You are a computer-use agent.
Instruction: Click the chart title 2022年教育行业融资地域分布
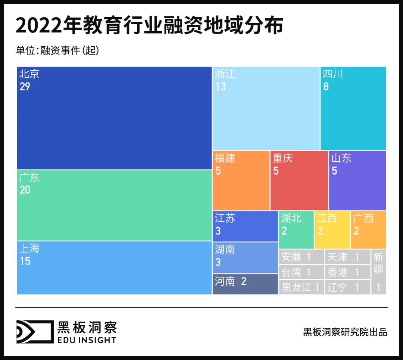click(149, 26)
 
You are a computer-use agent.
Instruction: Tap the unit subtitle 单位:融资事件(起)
click(57, 50)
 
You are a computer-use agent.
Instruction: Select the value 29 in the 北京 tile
click(25, 87)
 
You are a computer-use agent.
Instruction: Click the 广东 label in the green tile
click(29, 177)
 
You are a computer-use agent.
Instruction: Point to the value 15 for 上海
click(25, 261)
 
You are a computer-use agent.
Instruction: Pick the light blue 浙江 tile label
click(225, 74)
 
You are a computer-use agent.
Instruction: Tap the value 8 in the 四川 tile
click(326, 87)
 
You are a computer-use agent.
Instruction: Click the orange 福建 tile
click(241, 180)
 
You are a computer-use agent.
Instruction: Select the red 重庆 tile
click(299, 180)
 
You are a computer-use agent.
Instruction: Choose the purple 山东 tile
click(357, 180)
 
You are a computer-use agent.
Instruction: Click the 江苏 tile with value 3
click(245, 226)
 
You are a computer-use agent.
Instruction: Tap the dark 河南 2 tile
click(245, 284)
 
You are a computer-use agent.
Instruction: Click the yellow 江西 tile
click(332, 230)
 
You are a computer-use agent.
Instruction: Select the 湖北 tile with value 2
click(296, 230)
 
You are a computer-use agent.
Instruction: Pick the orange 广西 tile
click(368, 230)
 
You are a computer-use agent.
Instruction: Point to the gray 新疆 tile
click(378, 271)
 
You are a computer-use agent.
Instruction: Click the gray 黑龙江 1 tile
click(301, 287)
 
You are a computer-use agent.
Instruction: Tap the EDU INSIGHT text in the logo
click(87, 339)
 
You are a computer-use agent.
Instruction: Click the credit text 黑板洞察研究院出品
click(345, 332)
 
